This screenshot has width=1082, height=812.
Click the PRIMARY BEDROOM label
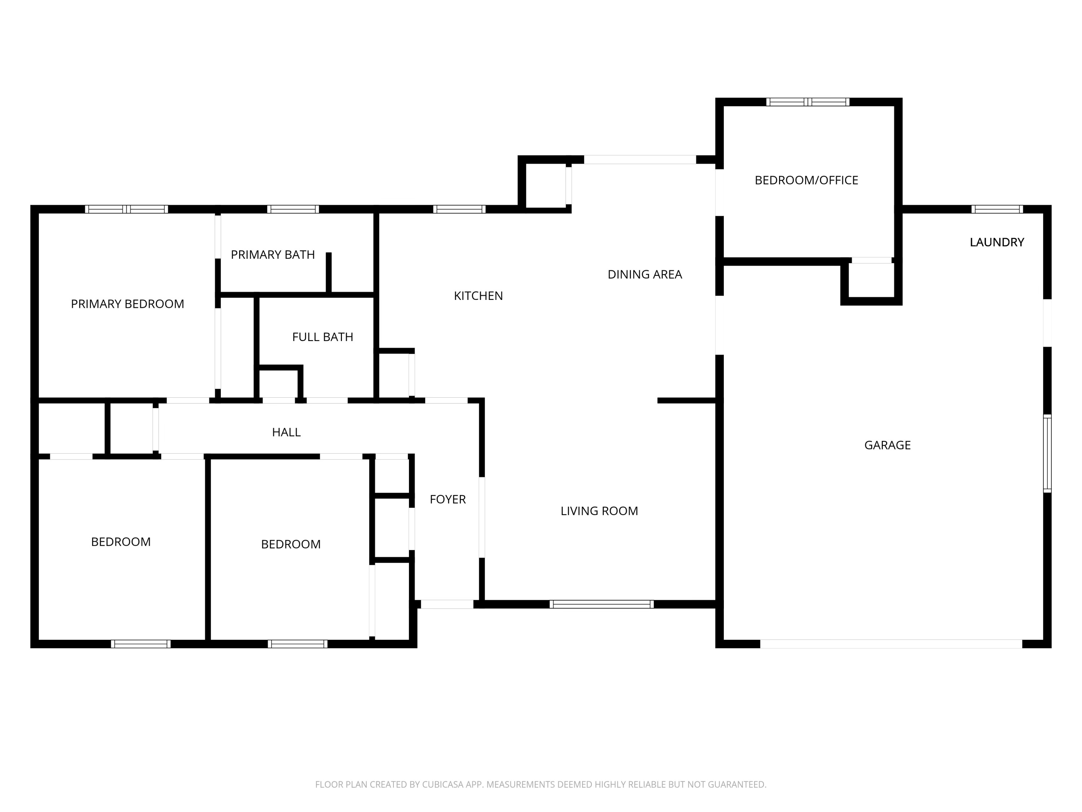pos(127,304)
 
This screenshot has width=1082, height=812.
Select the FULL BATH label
pos(322,337)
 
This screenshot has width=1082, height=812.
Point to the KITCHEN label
pos(478,296)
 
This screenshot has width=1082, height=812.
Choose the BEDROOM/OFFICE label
pos(806,180)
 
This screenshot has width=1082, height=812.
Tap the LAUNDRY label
pos(997,242)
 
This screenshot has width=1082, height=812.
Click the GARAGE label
pos(887,445)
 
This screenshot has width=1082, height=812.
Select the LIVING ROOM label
pos(599,511)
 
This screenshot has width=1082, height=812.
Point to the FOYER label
pos(448,499)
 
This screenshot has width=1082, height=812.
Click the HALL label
pos(286,432)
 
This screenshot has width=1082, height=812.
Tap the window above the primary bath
pos(293,209)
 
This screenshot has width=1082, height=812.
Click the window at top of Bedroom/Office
pos(808,102)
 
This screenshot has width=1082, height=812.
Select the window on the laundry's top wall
pos(997,209)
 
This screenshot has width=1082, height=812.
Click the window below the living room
pos(602,604)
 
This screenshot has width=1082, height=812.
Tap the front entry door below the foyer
pos(447,604)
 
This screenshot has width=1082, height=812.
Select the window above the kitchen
pos(459,209)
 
